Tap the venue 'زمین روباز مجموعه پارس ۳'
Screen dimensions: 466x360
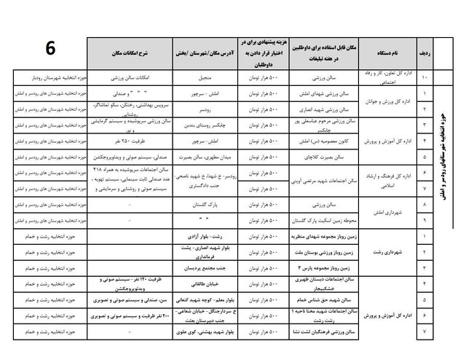tap(320, 269)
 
